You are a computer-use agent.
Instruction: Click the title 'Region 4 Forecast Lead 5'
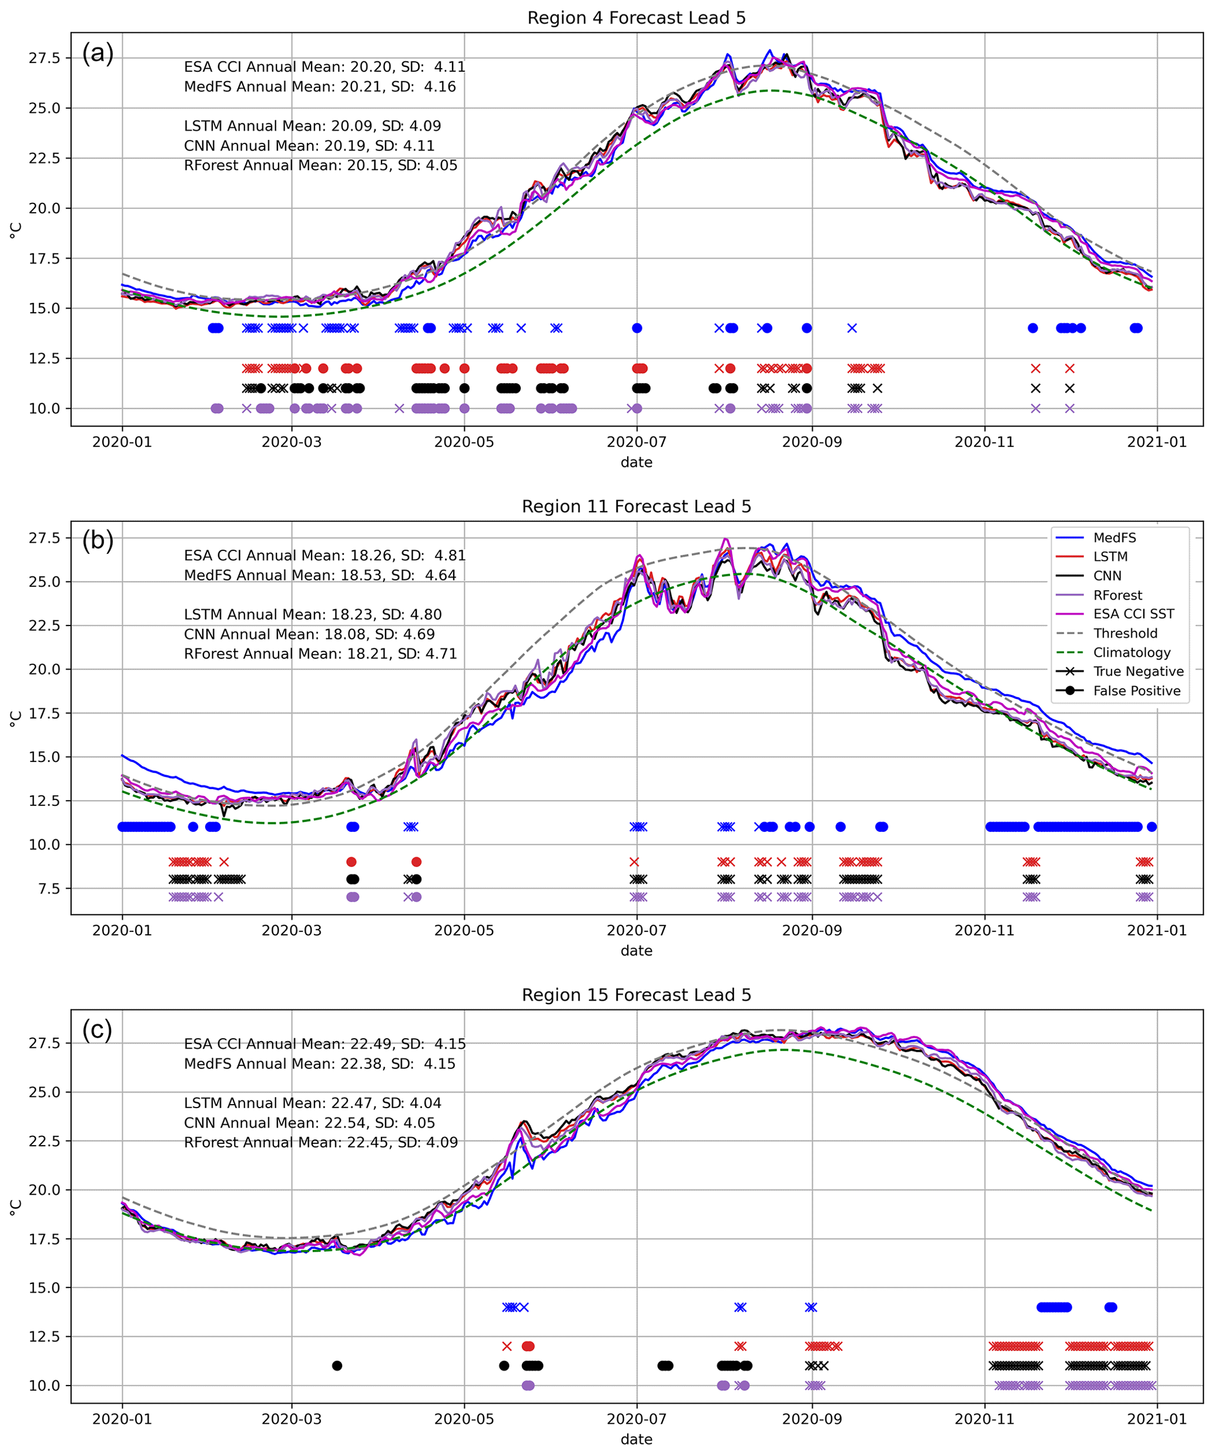pos(636,18)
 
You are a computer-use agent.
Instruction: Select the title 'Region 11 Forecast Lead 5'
pos(636,507)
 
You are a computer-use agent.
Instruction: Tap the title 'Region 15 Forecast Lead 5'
pos(636,995)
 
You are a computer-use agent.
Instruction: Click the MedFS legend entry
pos(1114,538)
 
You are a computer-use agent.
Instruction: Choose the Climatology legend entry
pos(1131,653)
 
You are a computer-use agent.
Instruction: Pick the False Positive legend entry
pos(1136,691)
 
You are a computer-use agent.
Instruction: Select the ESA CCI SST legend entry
pos(1133,614)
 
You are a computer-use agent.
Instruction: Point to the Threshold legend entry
pos(1125,633)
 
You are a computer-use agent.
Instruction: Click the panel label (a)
pos(98,53)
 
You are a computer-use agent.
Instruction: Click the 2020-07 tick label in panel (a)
pos(636,442)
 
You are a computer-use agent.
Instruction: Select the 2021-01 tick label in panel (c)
pos(1156,1419)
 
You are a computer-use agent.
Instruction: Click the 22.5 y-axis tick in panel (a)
pos(44,158)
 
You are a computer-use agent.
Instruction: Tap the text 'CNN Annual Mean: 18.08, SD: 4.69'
pos(309,634)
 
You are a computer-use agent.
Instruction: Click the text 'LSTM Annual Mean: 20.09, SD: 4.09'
pos(312,126)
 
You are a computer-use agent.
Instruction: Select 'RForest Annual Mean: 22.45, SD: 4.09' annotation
pos(320,1142)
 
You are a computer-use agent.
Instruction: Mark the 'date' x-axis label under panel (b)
pos(636,951)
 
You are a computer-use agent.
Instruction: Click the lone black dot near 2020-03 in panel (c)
pos(337,1366)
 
